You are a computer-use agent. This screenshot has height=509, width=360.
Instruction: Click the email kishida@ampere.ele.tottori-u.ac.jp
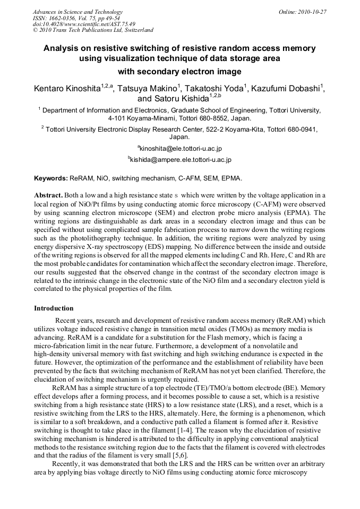180,159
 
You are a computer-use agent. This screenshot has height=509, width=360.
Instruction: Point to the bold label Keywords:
51,178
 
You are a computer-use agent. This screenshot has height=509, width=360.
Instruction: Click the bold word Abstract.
48,196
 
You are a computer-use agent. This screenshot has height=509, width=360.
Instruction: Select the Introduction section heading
54,308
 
